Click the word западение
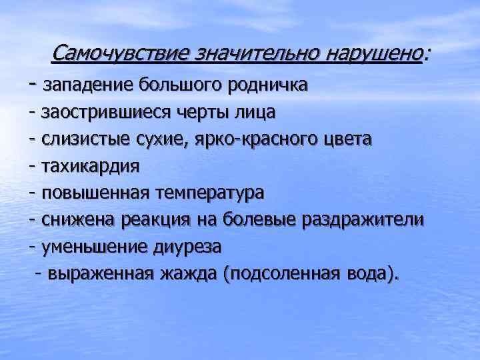tap(88, 85)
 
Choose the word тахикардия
tap(91, 166)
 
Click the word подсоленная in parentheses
tap(285, 274)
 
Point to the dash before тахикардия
tap(33, 166)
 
